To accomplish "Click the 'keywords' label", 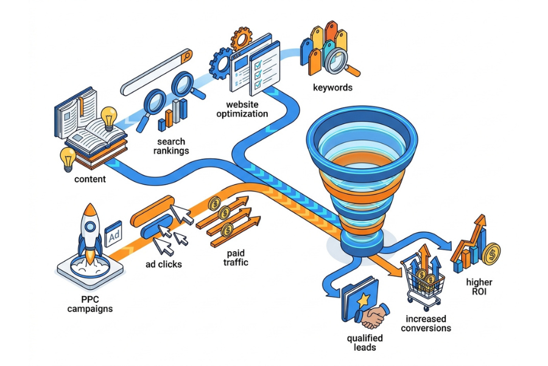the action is (x=332, y=87).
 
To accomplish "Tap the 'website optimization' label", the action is (x=242, y=109).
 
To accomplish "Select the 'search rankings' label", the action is (x=171, y=146).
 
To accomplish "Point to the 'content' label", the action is (x=90, y=179).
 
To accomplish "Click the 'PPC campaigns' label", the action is (x=90, y=304).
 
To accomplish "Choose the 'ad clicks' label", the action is (x=164, y=264).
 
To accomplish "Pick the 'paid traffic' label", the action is (x=236, y=258).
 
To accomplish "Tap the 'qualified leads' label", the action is (x=365, y=343).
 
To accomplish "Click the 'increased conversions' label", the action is (x=426, y=323).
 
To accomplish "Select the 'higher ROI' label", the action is (x=479, y=286).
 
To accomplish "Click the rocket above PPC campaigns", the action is (x=90, y=232).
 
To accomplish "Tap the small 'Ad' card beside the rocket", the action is (x=114, y=234).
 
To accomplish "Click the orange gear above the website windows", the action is (x=242, y=38).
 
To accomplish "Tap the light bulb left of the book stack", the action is (x=68, y=159).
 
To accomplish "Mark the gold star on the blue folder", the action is (x=364, y=299).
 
